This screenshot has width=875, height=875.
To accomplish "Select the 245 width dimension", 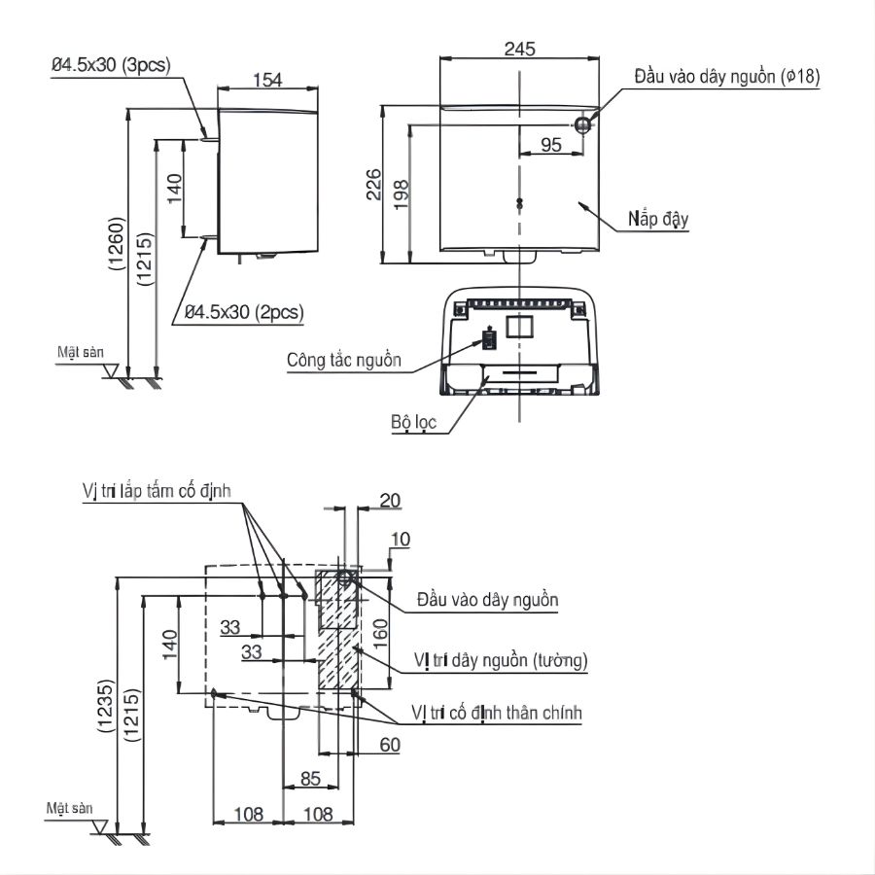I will pyautogui.click(x=520, y=49).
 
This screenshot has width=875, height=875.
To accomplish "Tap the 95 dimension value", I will pyautogui.click(x=550, y=145).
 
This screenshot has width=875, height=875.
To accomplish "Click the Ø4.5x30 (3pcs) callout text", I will pyautogui.click(x=111, y=65).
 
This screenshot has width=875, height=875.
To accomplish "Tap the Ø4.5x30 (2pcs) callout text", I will pyautogui.click(x=244, y=312).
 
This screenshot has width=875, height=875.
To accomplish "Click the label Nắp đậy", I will pyautogui.click(x=657, y=219).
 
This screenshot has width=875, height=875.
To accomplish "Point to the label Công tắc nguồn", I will pyautogui.click(x=343, y=360).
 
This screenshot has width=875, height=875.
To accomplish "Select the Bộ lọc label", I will pyautogui.click(x=414, y=422).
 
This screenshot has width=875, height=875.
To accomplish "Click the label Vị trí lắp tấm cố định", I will pyautogui.click(x=156, y=491).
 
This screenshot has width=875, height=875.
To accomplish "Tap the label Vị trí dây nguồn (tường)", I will pyautogui.click(x=501, y=661).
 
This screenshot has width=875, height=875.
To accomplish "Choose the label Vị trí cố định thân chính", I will pyautogui.click(x=497, y=714).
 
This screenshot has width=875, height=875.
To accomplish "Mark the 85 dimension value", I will pyautogui.click(x=310, y=778).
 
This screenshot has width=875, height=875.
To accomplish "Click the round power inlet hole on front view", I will pyautogui.click(x=582, y=124).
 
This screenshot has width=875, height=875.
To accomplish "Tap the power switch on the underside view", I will pyautogui.click(x=490, y=339).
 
